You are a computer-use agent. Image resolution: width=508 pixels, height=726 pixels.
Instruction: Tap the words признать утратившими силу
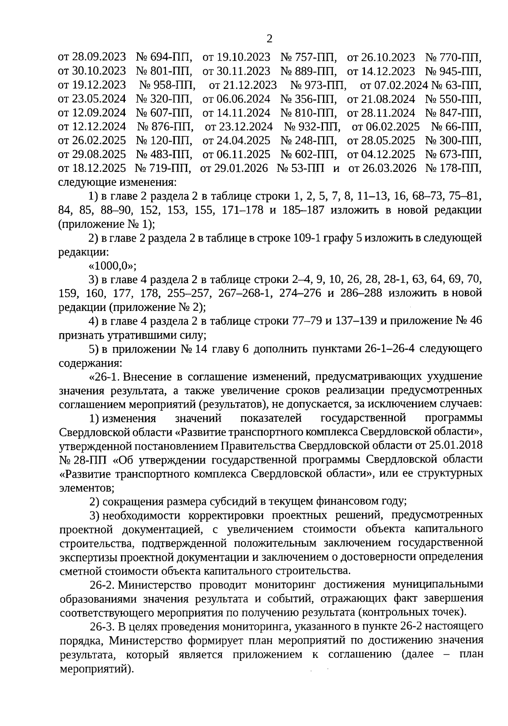click(133, 335)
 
